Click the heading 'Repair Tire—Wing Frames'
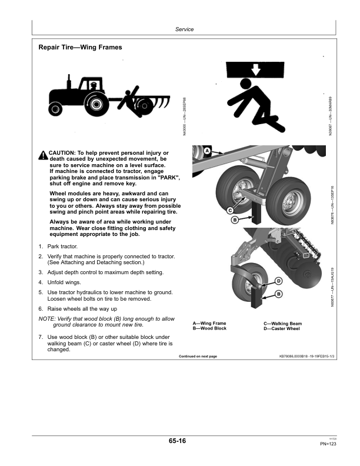coord(80,46)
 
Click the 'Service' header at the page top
coord(184,29)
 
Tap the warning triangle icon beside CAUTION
coord(43,155)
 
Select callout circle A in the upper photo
coord(208,151)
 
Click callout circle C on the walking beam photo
coord(231,210)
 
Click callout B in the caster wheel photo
coord(278,294)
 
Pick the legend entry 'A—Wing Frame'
coord(209,324)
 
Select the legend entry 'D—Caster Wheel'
coord(282,328)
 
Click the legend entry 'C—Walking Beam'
coord(282,324)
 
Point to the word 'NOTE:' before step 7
coord(47,318)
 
